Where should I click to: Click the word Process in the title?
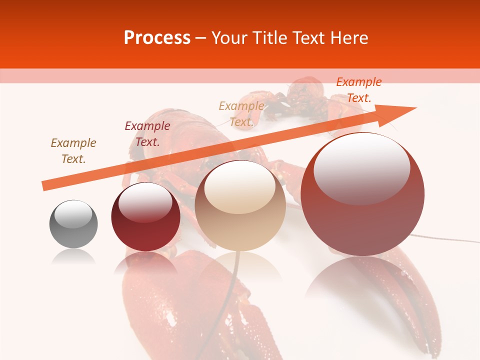click(x=157, y=38)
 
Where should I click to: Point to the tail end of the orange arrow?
click(x=45, y=186)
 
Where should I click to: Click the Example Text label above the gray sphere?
click(x=73, y=150)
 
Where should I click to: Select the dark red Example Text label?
click(x=147, y=134)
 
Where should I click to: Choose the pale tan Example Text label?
click(x=241, y=113)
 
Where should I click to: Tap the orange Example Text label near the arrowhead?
click(x=358, y=90)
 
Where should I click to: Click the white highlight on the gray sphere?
click(x=73, y=214)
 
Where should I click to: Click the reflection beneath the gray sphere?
click(x=73, y=257)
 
